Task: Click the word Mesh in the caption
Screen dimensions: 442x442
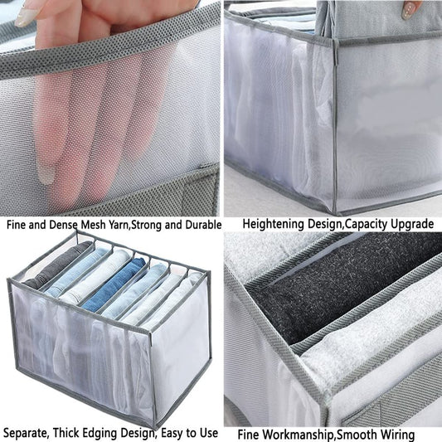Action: point(94,225)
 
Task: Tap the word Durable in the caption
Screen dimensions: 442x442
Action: point(203,225)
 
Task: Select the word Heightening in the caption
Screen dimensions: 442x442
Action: point(274,225)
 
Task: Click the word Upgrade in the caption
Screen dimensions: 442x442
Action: point(412,225)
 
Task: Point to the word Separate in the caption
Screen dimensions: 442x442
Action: point(26,433)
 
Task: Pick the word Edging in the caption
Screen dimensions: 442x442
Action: point(100,433)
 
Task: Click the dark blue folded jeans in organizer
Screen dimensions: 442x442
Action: point(114,284)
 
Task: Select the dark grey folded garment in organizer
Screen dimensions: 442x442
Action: point(58,265)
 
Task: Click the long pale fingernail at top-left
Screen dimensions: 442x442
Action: point(26,17)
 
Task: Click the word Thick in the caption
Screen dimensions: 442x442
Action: point(67,433)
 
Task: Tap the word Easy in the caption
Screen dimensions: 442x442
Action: point(175,433)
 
